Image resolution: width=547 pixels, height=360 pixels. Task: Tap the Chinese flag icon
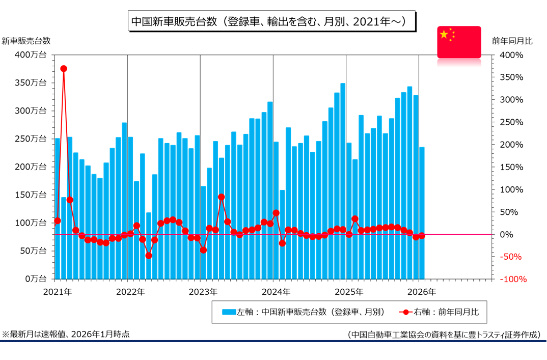click(459, 42)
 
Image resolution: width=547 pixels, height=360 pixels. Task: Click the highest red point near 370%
click(64, 68)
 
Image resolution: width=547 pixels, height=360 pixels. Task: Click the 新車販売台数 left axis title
click(25, 41)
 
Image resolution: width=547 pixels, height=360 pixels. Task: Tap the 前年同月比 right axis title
click(513, 41)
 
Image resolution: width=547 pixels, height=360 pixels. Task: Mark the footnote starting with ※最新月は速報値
click(66, 334)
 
